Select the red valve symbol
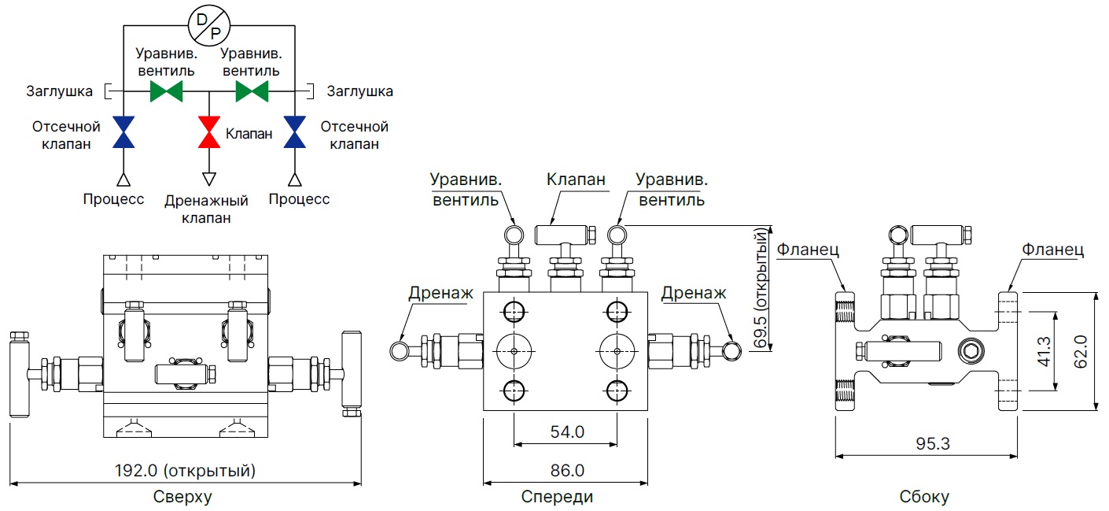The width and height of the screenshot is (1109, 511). [209, 132]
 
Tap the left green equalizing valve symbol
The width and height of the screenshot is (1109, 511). [166, 91]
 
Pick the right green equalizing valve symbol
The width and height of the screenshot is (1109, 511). [252, 91]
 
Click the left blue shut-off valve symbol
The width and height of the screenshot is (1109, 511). [123, 132]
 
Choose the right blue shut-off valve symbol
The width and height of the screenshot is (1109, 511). [295, 132]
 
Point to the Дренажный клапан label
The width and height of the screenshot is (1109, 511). [206, 209]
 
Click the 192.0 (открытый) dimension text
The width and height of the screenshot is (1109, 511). [186, 472]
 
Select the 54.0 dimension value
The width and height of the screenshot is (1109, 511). [566, 431]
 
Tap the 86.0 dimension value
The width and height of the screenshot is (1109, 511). [566, 471]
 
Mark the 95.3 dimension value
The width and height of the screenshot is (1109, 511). [934, 443]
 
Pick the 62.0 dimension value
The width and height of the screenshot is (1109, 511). [1081, 350]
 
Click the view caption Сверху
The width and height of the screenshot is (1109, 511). [182, 497]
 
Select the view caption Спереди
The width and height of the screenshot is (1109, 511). [557, 497]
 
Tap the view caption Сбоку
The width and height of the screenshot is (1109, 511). [924, 497]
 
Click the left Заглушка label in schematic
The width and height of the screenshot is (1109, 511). [57, 91]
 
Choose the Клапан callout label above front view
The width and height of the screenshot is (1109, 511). [577, 180]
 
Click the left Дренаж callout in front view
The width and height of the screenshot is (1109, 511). [440, 293]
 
